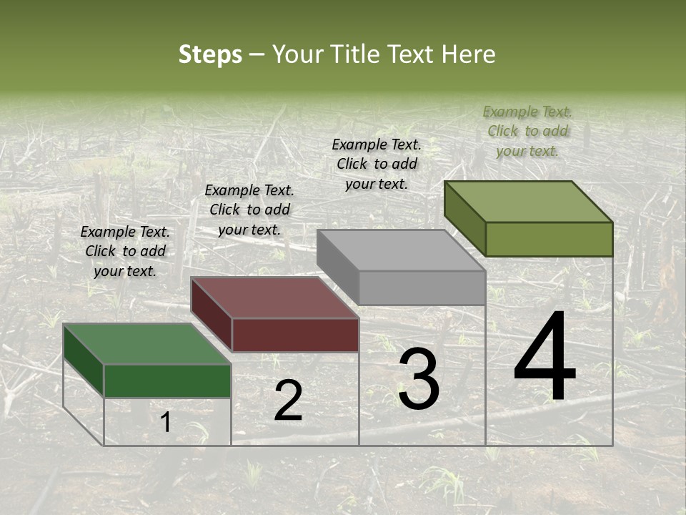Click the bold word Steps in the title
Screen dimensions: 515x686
click(x=210, y=54)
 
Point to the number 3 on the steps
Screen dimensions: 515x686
click(x=419, y=379)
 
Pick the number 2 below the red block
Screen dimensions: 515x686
click(x=288, y=401)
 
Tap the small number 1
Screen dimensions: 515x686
click(x=166, y=423)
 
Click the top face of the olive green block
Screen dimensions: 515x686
click(x=529, y=201)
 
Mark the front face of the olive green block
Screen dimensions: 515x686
click(x=549, y=239)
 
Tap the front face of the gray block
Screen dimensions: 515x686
click(x=422, y=288)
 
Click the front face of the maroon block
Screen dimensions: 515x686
click(x=295, y=335)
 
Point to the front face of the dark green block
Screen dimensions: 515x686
click(x=167, y=381)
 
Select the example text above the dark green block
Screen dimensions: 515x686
click(x=125, y=251)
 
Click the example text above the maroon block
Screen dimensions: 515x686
click(x=249, y=210)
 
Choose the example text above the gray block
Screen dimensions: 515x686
click(x=377, y=164)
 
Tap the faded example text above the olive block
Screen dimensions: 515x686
click(x=527, y=131)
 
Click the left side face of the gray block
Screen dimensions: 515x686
click(x=337, y=266)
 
